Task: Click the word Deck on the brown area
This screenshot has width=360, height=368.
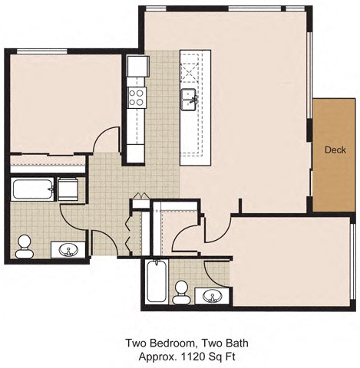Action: (334, 149)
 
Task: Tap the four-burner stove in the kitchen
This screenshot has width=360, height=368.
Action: (137, 97)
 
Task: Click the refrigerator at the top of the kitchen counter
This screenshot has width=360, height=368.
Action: (137, 67)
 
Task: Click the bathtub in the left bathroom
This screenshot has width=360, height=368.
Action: (32, 189)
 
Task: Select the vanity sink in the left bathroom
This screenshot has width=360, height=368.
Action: (71, 249)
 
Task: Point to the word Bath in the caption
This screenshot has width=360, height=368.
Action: (236, 343)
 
